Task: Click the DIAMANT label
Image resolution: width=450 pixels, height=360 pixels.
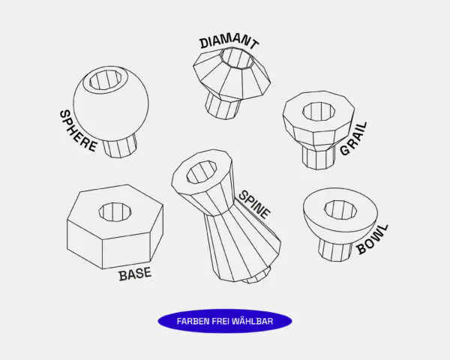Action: click(229, 42)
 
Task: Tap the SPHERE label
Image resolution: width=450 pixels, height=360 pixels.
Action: click(78, 131)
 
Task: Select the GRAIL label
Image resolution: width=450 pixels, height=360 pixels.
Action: click(353, 139)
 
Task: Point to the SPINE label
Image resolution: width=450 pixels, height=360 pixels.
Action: click(254, 204)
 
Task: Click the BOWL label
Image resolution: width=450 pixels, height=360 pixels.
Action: click(373, 239)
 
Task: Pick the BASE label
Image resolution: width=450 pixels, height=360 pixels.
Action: click(135, 274)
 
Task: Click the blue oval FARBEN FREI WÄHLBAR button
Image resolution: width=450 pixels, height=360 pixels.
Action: click(225, 321)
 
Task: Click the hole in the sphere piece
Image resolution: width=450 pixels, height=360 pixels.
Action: click(105, 80)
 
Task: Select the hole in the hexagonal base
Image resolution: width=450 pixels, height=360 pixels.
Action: click(115, 211)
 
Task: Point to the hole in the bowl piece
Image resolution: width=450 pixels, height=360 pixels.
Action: click(340, 209)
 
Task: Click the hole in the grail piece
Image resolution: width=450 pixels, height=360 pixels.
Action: click(319, 110)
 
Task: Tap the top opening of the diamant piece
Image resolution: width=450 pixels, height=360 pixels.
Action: click(237, 58)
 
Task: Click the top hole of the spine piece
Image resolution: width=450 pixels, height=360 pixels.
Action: click(202, 172)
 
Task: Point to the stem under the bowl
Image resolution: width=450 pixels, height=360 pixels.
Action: click(335, 250)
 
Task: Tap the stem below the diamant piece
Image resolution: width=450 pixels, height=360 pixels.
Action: click(223, 106)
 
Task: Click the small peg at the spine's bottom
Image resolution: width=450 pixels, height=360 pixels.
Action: click(256, 276)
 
